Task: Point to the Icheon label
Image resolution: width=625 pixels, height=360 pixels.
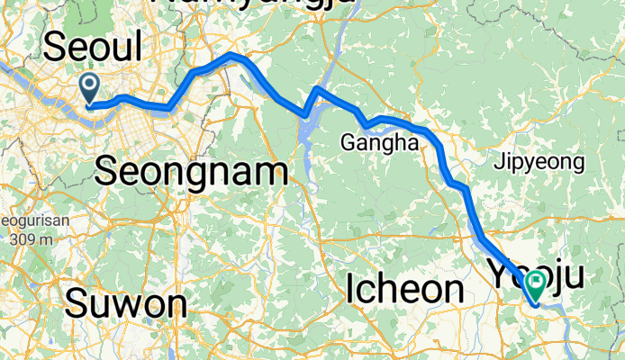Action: (404, 289)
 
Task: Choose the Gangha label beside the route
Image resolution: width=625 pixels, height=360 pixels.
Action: (379, 142)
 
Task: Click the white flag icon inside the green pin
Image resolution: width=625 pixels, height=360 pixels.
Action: (536, 283)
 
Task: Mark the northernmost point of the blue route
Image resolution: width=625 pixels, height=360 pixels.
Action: (233, 56)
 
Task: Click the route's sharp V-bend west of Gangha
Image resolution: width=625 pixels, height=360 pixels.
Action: (306, 114)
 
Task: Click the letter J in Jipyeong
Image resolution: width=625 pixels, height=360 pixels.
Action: (498, 163)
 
